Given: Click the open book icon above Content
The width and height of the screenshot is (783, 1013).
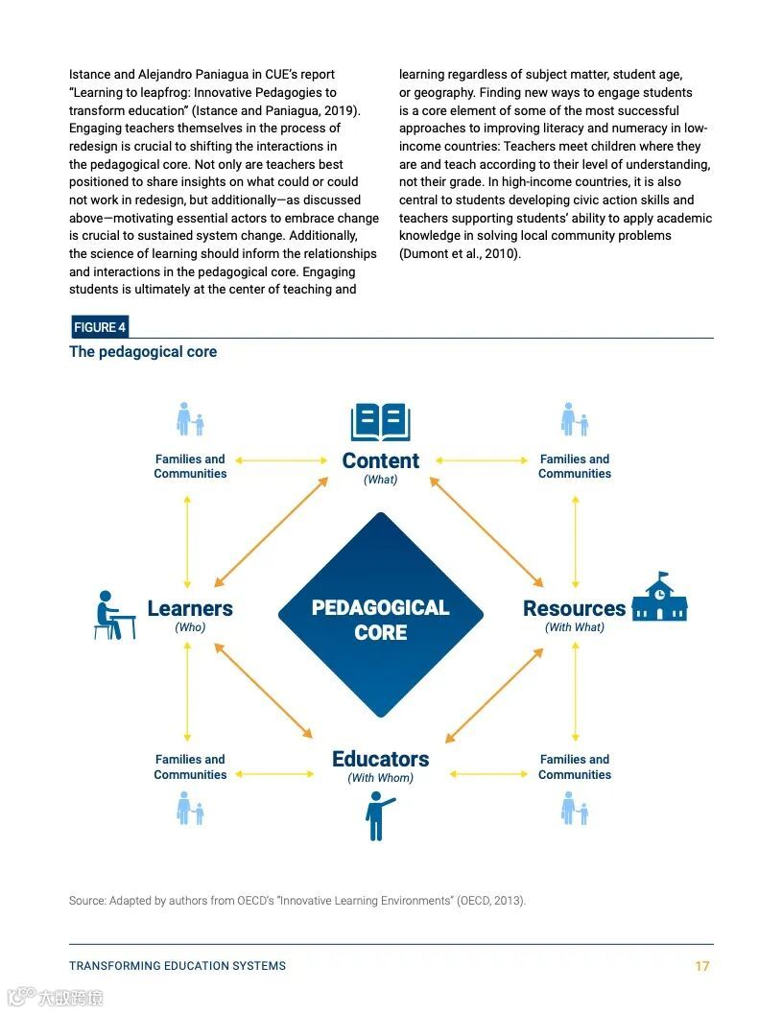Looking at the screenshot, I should click(x=380, y=422).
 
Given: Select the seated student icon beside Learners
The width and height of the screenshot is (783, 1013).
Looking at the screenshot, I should click(x=114, y=615).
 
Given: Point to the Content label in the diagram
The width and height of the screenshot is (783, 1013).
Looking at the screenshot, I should click(x=381, y=460).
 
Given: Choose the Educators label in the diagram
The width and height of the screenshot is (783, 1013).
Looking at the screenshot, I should click(x=381, y=759).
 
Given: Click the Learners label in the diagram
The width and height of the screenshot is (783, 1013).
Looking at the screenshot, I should click(x=190, y=608).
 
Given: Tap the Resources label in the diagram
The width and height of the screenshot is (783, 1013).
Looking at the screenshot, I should click(x=574, y=608).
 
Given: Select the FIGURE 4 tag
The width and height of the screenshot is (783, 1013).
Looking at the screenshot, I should click(x=100, y=327).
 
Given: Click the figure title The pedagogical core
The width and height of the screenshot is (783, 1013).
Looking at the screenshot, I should click(x=143, y=352).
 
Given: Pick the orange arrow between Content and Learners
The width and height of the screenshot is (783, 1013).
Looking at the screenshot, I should click(x=271, y=531).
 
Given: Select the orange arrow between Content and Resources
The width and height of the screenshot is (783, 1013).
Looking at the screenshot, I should click(x=486, y=531).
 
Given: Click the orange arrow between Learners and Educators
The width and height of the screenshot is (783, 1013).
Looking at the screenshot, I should click(x=263, y=690).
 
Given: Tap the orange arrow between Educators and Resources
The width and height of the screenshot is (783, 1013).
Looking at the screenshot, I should click(x=494, y=695).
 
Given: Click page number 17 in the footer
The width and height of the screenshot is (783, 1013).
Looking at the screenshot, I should click(x=701, y=966).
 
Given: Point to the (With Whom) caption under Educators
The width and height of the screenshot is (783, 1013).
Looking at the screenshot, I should click(x=381, y=778).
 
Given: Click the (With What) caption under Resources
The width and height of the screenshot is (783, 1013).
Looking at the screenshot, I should click(x=575, y=627).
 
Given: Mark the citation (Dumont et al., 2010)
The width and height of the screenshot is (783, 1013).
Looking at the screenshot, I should click(x=460, y=254).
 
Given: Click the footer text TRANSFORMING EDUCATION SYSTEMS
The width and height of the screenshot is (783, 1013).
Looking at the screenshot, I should click(x=178, y=966).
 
